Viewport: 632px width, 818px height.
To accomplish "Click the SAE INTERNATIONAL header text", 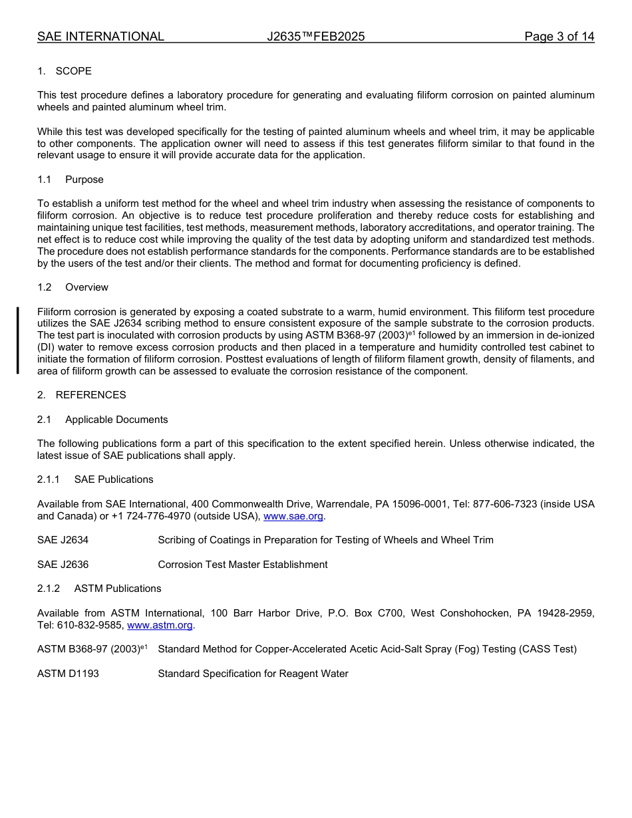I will tap(100, 37).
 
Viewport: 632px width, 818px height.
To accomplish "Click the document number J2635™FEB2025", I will tap(316, 37).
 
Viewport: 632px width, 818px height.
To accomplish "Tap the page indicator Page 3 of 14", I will tap(559, 37).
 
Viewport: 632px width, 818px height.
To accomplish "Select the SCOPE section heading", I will tap(73, 71).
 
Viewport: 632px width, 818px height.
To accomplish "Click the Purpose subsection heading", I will tap(84, 180).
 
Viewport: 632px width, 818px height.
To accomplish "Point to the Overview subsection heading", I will tap(86, 287).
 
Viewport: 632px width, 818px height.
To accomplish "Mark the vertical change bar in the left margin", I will tap(18, 341).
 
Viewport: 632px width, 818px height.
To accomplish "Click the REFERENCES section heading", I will tap(90, 395).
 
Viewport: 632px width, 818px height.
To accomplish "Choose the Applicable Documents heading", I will tap(116, 420).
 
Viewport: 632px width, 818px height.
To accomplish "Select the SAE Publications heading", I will tap(114, 479).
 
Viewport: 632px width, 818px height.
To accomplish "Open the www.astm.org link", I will tap(160, 625).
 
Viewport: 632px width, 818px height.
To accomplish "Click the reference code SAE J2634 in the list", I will tap(63, 540).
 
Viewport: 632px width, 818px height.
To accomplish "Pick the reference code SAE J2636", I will tap(63, 565).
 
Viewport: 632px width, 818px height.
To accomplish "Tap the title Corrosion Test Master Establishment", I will tap(243, 565).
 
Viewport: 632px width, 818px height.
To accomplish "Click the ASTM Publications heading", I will tap(118, 589).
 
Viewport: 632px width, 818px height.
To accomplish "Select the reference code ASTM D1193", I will tap(68, 674).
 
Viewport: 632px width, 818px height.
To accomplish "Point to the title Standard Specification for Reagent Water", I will tap(253, 674).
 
